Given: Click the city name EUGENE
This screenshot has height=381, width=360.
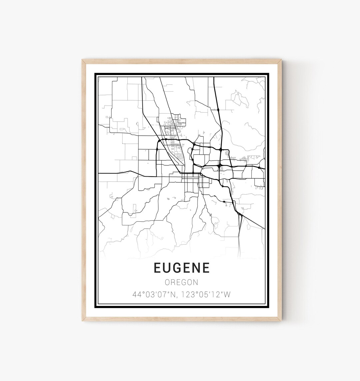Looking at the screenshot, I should tap(182, 268).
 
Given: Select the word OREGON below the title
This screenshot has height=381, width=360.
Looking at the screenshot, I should tap(182, 282).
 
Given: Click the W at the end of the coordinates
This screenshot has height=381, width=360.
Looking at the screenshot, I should tap(228, 295).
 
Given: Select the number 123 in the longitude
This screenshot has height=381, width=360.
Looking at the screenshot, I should tap(188, 295).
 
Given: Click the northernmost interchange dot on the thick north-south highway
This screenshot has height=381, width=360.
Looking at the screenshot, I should tap(218, 109).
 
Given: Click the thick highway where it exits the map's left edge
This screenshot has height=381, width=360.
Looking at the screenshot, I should tap(99, 174).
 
